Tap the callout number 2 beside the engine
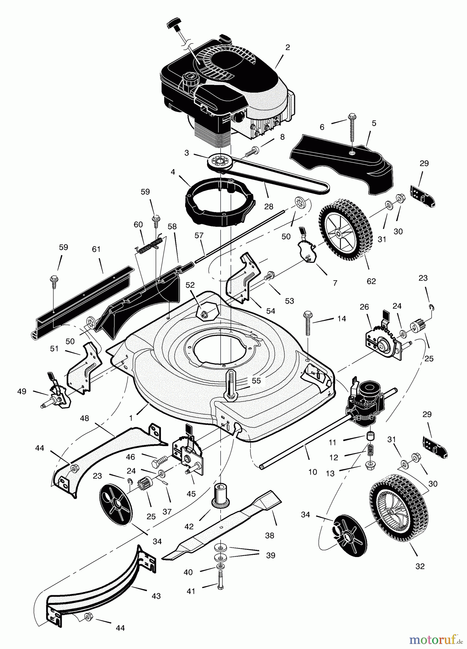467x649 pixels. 288,47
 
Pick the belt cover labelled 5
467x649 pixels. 343,159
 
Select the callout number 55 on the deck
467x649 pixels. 256,381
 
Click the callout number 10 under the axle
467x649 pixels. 313,472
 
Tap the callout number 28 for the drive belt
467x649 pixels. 269,207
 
